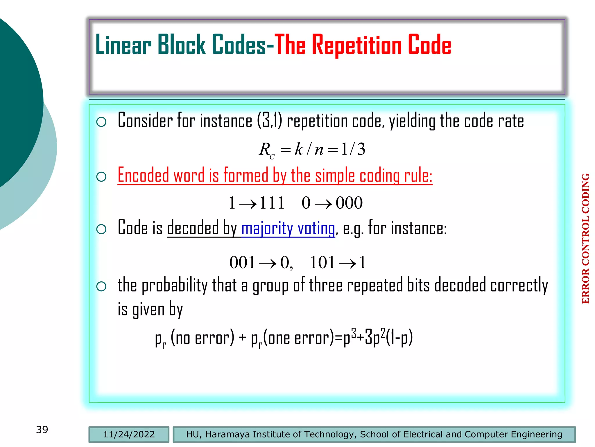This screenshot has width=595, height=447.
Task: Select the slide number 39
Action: [42, 430]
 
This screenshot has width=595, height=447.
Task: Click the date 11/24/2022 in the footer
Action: [129, 434]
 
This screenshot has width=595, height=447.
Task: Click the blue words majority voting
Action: [288, 228]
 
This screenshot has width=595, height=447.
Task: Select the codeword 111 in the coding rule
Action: [272, 203]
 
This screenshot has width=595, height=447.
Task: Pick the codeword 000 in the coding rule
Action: [349, 203]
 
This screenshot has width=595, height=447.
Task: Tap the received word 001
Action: [242, 262]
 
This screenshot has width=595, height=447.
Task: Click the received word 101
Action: [322, 262]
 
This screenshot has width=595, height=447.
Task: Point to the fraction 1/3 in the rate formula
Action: [353, 149]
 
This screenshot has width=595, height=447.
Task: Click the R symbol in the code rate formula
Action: [265, 150]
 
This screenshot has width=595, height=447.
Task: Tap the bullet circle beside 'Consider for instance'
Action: [101, 122]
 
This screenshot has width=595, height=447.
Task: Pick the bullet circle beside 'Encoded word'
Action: [101, 177]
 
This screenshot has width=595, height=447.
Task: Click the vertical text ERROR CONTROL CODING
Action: [586, 239]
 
